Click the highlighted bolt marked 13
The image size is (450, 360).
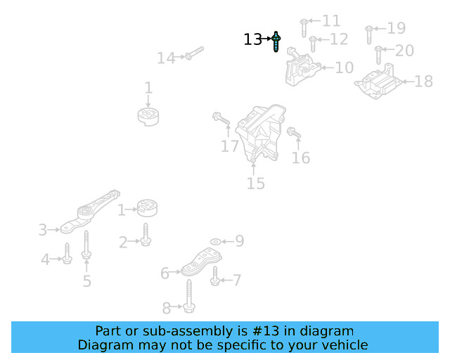tap(277, 41)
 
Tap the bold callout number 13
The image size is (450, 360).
tap(252, 40)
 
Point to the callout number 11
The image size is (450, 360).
tap(330, 21)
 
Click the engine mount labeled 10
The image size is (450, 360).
tap(302, 69)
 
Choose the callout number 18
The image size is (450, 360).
tap(423, 82)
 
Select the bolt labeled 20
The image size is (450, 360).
tap(378, 53)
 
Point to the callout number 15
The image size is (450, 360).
tap(255, 184)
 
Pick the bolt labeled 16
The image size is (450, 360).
tap(294, 132)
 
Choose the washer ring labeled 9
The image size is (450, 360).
tap(215, 242)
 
